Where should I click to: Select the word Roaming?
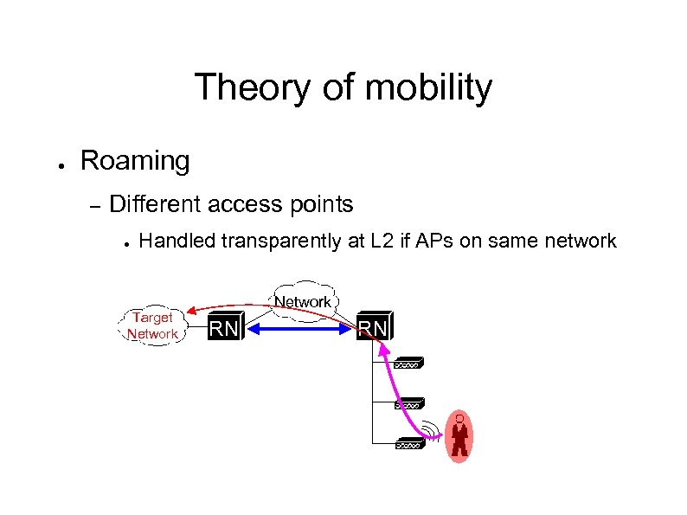[134, 160]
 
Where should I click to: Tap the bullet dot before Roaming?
[54, 163]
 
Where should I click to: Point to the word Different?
[152, 204]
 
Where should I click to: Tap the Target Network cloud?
[152, 325]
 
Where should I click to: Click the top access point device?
[408, 364]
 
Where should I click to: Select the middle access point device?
[408, 404]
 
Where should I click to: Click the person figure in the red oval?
[459, 436]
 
